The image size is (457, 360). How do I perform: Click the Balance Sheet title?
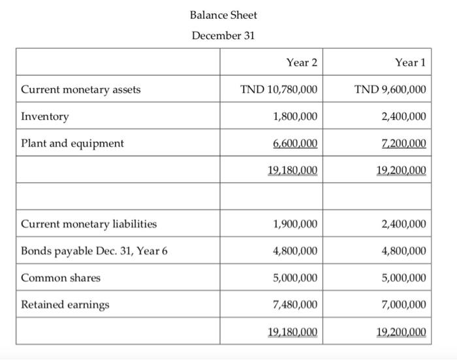223,14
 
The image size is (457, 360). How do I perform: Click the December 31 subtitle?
223,35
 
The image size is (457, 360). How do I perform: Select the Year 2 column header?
302,63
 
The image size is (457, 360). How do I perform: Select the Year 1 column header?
410,63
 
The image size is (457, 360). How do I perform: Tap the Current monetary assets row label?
81,89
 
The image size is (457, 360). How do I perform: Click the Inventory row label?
45,117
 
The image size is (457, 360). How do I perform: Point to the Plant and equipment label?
72,143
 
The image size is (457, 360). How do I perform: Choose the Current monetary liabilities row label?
89,224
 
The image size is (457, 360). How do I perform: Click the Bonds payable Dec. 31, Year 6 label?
94,251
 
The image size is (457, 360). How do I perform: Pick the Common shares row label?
61,278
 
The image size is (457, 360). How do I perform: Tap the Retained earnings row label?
65,305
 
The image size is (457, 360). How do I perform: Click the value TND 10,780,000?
279,89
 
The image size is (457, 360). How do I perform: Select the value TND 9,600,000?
390,89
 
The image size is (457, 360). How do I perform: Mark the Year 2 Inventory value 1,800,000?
296,117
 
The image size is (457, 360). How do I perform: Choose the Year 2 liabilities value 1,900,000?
296,224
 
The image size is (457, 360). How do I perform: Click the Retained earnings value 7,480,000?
296,305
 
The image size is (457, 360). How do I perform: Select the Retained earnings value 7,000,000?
404,305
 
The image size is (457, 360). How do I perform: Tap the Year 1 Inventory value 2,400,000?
404,117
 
